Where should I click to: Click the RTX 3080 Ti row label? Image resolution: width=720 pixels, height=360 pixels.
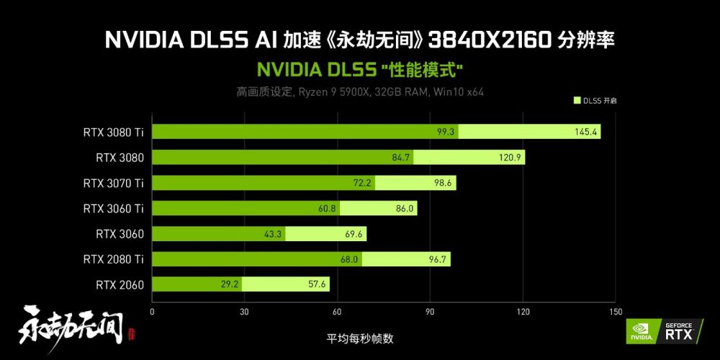point(114,132)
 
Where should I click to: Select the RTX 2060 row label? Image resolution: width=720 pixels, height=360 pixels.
point(120,285)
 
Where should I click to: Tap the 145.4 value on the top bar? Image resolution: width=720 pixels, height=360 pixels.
point(585,132)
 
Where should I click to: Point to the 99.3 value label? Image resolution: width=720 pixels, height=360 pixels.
point(446,132)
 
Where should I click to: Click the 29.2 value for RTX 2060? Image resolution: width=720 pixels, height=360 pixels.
point(230,285)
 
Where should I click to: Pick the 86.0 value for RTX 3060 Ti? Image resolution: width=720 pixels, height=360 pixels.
point(405,209)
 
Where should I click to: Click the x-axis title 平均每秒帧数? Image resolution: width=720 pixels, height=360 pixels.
point(360,339)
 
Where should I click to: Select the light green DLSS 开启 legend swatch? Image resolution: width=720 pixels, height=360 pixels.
point(577,101)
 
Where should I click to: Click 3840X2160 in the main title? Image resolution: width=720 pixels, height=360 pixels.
point(489,40)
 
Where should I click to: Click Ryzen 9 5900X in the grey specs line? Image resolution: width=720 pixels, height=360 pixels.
point(333,92)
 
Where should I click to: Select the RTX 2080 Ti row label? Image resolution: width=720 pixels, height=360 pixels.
point(114,260)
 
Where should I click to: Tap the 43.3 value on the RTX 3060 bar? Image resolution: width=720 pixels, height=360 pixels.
point(273,234)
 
